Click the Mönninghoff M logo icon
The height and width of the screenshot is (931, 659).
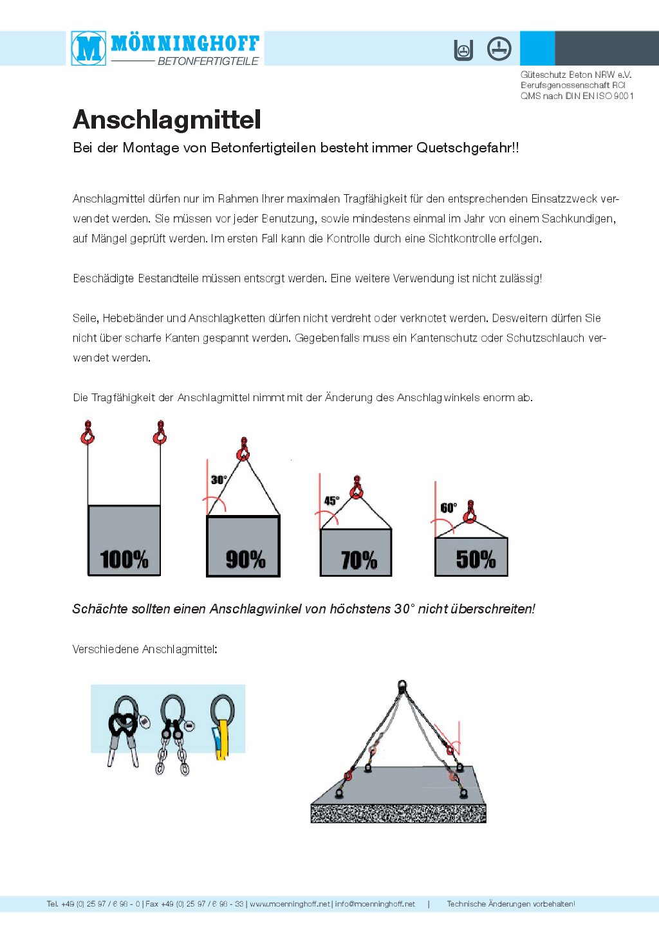tap(89, 48)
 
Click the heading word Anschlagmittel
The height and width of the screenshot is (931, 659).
tap(167, 120)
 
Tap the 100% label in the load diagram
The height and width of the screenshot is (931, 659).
tap(124, 559)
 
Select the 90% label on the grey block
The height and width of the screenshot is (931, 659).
tap(245, 559)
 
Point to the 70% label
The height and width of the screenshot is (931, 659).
tap(358, 560)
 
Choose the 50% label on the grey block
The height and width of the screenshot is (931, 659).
tap(476, 559)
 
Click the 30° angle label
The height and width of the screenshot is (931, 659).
tap(219, 480)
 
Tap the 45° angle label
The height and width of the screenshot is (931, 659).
tap(331, 500)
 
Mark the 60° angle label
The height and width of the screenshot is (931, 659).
tap(448, 508)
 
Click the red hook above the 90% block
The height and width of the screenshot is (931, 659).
tap(243, 451)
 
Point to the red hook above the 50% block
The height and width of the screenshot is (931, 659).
tap(470, 512)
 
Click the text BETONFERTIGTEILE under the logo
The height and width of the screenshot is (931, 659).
tap(208, 61)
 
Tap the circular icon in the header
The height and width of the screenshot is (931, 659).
tap(499, 49)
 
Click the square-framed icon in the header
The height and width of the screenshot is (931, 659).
tap(463, 50)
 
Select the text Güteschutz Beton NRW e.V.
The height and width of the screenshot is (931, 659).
tap(576, 75)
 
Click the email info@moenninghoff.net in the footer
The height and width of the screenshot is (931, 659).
tap(375, 904)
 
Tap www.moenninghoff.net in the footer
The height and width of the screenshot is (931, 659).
tap(290, 904)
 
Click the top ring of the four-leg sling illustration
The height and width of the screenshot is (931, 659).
tap(402, 685)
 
